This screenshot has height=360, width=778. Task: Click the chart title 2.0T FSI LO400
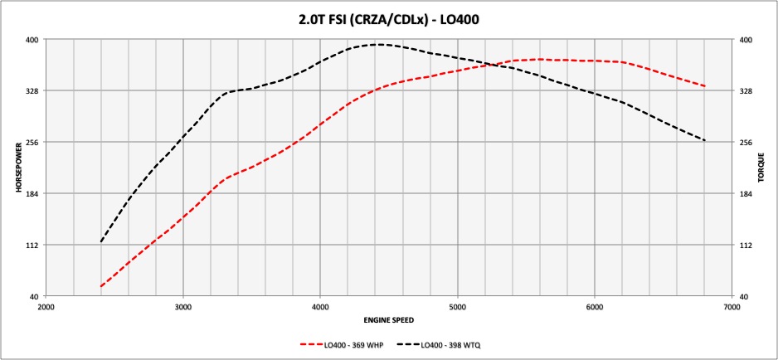coord(389,17)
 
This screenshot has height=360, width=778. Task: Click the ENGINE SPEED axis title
coord(388,319)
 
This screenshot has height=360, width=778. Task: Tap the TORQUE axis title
coord(761,168)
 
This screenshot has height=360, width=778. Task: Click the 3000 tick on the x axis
coord(183,307)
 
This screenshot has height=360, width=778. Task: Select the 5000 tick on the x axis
coord(457,307)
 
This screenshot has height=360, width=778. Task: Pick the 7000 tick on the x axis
coord(731,307)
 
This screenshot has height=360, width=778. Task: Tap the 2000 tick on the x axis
coord(46,307)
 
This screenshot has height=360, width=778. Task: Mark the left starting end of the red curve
coord(101,286)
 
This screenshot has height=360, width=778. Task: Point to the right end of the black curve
coord(705,140)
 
